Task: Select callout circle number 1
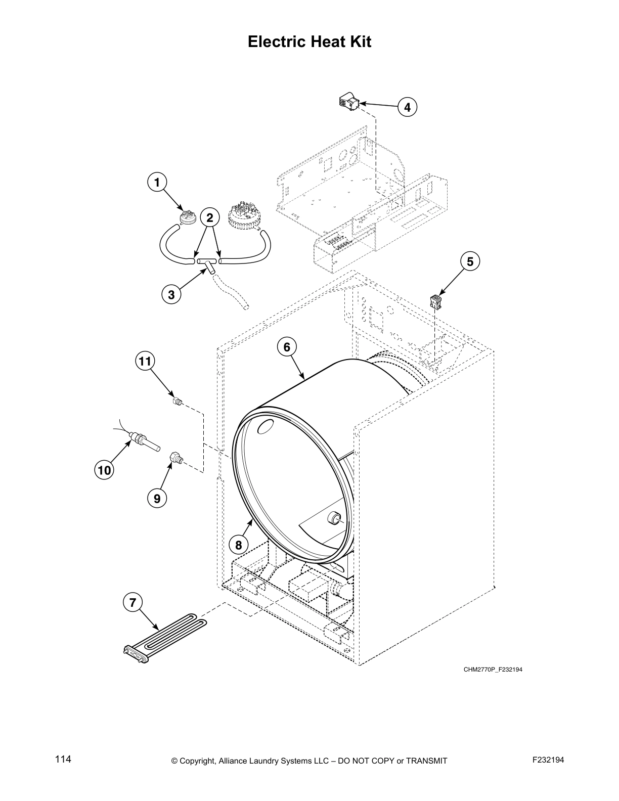click(x=157, y=182)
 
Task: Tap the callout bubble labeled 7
click(x=132, y=602)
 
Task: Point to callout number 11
click(x=145, y=361)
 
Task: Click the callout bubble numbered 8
click(x=238, y=545)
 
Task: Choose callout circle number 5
click(x=470, y=261)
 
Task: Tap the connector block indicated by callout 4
click(x=349, y=102)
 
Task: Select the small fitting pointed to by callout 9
click(x=175, y=458)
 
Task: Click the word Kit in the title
click(x=357, y=41)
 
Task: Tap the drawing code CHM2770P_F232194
click(x=493, y=670)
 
